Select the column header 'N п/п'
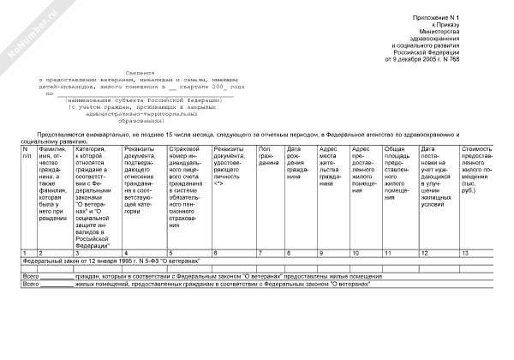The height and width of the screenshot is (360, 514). (x=27, y=153)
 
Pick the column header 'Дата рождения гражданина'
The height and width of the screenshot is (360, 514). (x=297, y=160)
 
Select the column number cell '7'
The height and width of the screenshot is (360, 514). (x=260, y=253)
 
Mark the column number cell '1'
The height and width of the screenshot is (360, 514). (x=25, y=253)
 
